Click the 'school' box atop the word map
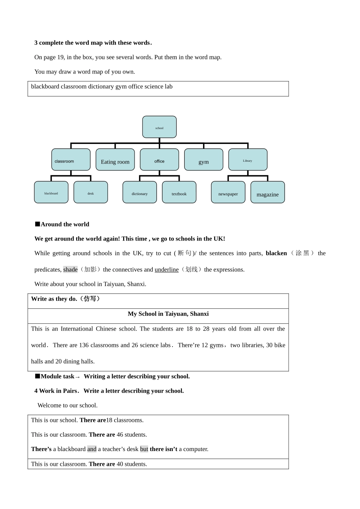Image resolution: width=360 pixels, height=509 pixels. pyautogui.click(x=159, y=127)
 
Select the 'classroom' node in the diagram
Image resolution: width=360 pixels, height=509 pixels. pyautogui.click(x=71, y=160)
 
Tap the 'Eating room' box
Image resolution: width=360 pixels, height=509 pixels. pyautogui.click(x=115, y=160)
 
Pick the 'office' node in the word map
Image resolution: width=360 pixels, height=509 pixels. pyautogui.click(x=159, y=160)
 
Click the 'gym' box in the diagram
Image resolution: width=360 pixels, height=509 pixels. pyautogui.click(x=203, y=160)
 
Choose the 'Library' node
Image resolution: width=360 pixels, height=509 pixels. pyautogui.click(x=247, y=160)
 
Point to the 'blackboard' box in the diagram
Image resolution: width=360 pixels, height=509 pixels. pyautogui.click(x=51, y=192)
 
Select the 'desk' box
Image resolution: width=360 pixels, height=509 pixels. pyautogui.click(x=91, y=192)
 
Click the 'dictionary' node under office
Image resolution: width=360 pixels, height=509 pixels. pyautogui.click(x=139, y=192)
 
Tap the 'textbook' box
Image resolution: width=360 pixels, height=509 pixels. pyautogui.click(x=179, y=192)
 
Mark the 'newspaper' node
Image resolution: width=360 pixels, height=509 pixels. pyautogui.click(x=228, y=192)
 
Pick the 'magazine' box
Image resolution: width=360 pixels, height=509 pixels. pyautogui.click(x=268, y=193)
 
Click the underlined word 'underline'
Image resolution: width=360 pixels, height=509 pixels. pyautogui.click(x=166, y=270)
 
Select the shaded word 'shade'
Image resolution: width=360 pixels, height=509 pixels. pyautogui.click(x=70, y=270)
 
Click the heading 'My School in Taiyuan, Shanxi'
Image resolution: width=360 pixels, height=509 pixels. pyautogui.click(x=168, y=314)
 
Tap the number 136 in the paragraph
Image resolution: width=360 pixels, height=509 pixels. pyautogui.click(x=84, y=345)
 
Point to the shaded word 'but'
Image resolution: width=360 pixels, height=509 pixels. pyautogui.click(x=144, y=449)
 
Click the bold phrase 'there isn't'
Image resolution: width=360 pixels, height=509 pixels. pyautogui.click(x=163, y=449)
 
